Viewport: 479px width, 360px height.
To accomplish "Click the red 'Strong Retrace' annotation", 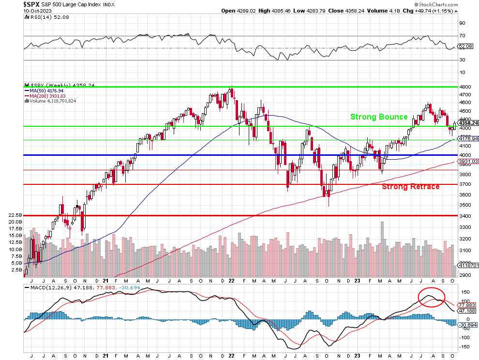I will pyautogui.click(x=410, y=186).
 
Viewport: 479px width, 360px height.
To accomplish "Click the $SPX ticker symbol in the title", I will pyautogui.click(x=31, y=4).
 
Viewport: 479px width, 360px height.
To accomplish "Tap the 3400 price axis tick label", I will pyautogui.click(x=465, y=215).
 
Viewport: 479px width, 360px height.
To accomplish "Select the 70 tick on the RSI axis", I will pyautogui.click(x=462, y=36).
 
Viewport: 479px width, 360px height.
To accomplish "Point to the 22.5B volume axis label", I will pyautogui.click(x=15, y=215).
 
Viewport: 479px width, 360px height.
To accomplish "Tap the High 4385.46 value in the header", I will pyautogui.click(x=276, y=10).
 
